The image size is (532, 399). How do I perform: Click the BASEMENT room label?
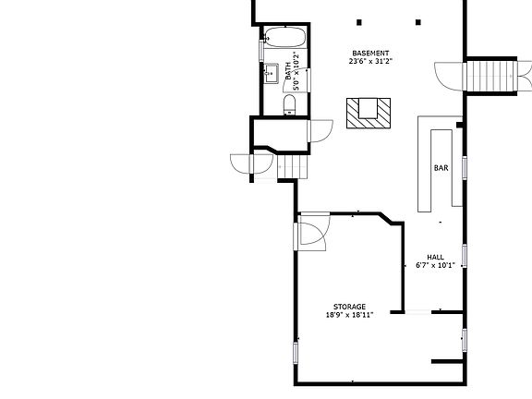pyautogui.click(x=369, y=53)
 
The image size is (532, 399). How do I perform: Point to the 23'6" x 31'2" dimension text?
pyautogui.click(x=369, y=62)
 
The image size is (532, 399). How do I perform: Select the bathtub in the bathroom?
pyautogui.click(x=285, y=39)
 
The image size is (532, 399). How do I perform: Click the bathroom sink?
pyautogui.click(x=273, y=75)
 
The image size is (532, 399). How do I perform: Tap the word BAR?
pyautogui.click(x=441, y=168)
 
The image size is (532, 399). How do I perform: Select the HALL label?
pyautogui.click(x=435, y=257)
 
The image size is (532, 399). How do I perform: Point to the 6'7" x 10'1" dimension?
pyautogui.click(x=435, y=265)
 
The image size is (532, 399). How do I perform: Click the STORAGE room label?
pyautogui.click(x=349, y=307)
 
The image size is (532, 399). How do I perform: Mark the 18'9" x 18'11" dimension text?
pyautogui.click(x=349, y=315)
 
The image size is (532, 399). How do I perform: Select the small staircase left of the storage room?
pyautogui.click(x=290, y=166)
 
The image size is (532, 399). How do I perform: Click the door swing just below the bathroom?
pyautogui.click(x=320, y=130)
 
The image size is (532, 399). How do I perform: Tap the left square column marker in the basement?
pyautogui.click(x=359, y=22)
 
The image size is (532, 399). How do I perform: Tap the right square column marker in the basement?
pyautogui.click(x=417, y=22)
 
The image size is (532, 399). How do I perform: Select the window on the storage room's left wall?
pyautogui.click(x=296, y=351)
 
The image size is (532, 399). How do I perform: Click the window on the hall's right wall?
pyautogui.click(x=464, y=255)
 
